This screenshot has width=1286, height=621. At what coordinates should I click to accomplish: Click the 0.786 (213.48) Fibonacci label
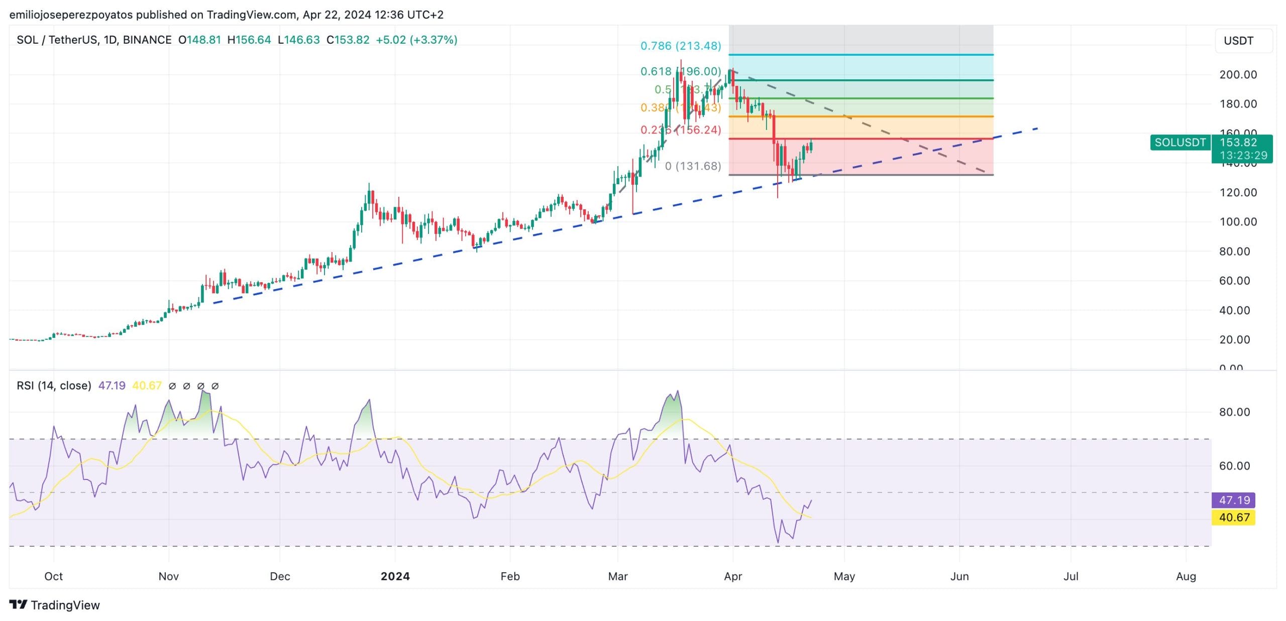coord(680,46)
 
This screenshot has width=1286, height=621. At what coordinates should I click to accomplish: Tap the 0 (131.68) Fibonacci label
coord(693,166)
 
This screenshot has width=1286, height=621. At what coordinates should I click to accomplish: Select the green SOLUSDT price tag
coord(1180,143)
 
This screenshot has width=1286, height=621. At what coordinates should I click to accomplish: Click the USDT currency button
coord(1238,41)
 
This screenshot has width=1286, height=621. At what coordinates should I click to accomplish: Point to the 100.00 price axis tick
coord(1238,222)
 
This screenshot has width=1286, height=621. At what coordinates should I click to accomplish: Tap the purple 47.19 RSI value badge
coord(1234,500)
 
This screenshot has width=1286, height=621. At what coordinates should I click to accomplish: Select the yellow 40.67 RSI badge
coord(1234,517)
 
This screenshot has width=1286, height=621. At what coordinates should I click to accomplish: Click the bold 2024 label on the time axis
coord(395,576)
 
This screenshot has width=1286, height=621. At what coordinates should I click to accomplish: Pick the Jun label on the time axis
coord(959,576)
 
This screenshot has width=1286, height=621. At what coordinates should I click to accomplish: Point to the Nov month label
coord(168,576)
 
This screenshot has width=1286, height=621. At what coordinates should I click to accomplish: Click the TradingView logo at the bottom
coord(55,605)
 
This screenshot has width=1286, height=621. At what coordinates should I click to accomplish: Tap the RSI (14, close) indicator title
coord(54,386)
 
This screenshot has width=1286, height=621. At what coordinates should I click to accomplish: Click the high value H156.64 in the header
coord(249,40)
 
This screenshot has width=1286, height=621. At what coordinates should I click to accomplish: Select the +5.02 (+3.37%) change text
coord(416,40)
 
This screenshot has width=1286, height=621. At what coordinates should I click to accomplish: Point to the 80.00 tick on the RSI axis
coord(1234,412)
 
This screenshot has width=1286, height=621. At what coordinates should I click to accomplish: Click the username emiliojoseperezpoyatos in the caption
coord(71,15)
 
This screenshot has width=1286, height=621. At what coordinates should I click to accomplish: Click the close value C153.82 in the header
coord(348,40)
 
